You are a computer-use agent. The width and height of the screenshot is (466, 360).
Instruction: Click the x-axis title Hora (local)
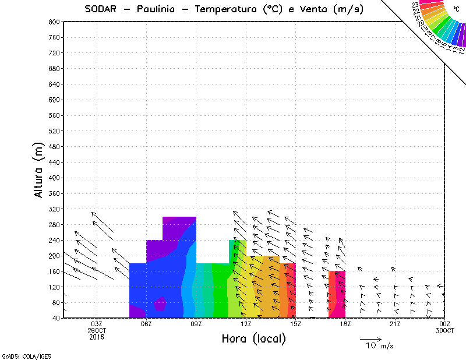(253, 338)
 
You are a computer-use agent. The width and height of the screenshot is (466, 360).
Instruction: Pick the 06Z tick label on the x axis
(147, 324)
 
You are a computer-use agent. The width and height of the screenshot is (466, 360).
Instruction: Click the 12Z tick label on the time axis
(246, 324)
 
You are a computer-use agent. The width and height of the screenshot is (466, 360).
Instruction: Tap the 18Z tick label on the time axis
(345, 324)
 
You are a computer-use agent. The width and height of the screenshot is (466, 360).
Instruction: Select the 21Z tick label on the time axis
(395, 324)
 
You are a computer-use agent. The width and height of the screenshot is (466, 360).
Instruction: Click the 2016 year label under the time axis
(97, 337)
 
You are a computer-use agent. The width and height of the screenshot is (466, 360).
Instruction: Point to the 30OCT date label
(444, 330)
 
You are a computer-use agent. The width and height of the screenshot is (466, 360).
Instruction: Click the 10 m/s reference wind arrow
(370, 339)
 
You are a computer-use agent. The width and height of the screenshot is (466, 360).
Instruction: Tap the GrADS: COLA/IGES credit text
(20, 355)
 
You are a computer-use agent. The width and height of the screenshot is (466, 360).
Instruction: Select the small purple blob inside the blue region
(161, 303)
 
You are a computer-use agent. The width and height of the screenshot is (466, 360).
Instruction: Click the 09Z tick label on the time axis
(196, 324)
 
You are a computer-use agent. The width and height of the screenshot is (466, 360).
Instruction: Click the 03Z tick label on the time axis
(97, 324)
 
